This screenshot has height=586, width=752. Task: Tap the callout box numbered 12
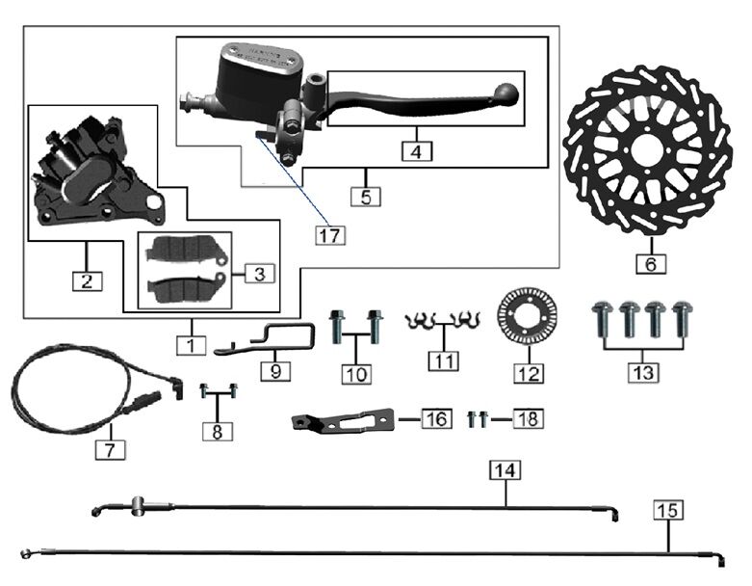[x=528, y=371]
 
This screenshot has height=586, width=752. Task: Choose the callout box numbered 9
[x=274, y=370]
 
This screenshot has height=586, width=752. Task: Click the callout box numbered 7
[x=110, y=448]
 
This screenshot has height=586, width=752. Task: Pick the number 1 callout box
[x=190, y=342]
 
